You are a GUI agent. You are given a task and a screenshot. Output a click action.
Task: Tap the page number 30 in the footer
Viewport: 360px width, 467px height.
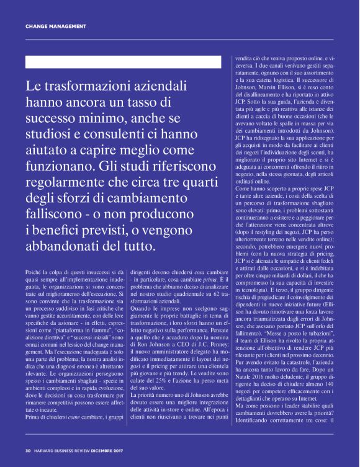tap(28, 451)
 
